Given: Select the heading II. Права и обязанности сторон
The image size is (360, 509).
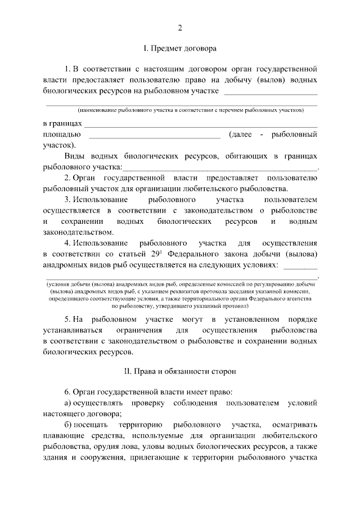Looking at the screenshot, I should (x=180, y=371).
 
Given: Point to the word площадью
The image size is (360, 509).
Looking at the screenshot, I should (x=62, y=134).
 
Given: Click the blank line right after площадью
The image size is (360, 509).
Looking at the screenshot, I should (x=155, y=135).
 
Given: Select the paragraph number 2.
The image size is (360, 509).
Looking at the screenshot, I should (x=67, y=178).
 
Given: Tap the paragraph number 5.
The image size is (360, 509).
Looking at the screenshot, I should (x=67, y=319).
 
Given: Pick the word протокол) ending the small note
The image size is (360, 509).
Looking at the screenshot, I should (x=233, y=307).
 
